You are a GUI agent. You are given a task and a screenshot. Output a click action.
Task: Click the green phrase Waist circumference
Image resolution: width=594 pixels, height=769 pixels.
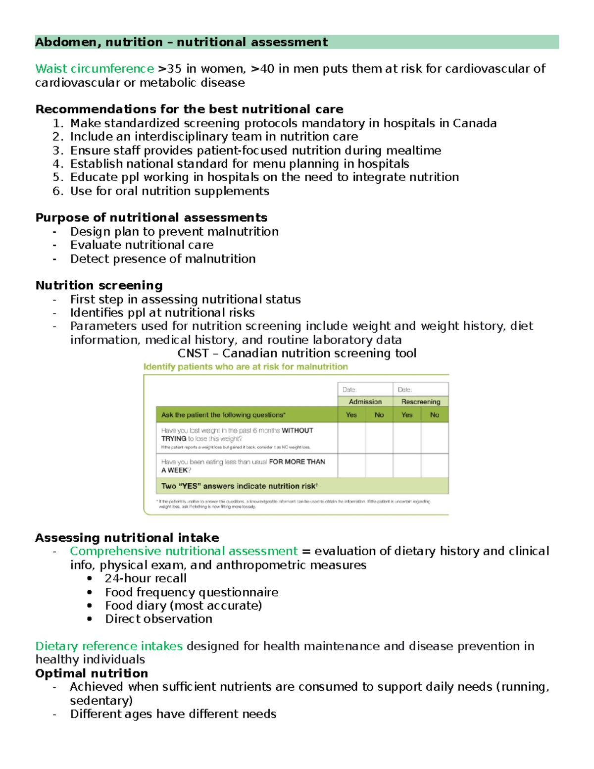95,68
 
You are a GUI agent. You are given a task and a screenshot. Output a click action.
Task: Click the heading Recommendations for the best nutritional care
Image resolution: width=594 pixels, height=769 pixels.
189,109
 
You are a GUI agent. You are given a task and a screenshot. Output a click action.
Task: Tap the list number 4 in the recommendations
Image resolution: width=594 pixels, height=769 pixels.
58,164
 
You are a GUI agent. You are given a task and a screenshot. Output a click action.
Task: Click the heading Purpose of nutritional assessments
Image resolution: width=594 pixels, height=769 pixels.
151,217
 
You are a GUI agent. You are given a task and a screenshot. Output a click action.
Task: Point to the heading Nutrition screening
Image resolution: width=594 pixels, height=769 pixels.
99,285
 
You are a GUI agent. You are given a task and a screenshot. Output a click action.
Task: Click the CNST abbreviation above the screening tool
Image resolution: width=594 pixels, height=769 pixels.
193,353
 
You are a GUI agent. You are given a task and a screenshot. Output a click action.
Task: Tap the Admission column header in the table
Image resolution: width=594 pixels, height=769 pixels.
365,402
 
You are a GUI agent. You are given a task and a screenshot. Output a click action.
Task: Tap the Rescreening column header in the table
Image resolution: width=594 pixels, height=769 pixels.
421,402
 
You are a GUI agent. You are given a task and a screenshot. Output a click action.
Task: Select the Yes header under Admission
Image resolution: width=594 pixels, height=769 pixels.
351,415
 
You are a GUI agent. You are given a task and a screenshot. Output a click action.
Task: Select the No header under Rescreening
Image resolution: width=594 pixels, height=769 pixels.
435,415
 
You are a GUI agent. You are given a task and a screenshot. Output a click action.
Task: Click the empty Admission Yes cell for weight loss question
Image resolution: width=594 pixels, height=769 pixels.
351,438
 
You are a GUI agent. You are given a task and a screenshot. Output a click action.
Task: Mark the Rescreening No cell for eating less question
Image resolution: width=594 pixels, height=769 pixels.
435,465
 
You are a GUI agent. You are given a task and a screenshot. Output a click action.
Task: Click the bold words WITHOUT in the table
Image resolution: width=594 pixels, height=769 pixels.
297,430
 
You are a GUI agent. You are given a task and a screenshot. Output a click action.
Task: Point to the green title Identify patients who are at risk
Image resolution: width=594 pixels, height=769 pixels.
246,367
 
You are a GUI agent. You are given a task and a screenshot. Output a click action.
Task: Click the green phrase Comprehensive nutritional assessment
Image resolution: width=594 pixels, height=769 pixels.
184,551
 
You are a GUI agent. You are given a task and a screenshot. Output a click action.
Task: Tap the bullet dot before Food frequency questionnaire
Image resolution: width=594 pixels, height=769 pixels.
89,592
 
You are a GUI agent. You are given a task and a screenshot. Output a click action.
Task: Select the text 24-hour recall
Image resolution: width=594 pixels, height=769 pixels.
146,578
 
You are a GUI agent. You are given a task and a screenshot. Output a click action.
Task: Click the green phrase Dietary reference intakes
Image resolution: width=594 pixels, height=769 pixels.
109,646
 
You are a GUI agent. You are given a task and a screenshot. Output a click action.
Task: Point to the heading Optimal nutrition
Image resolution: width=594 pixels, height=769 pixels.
92,673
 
